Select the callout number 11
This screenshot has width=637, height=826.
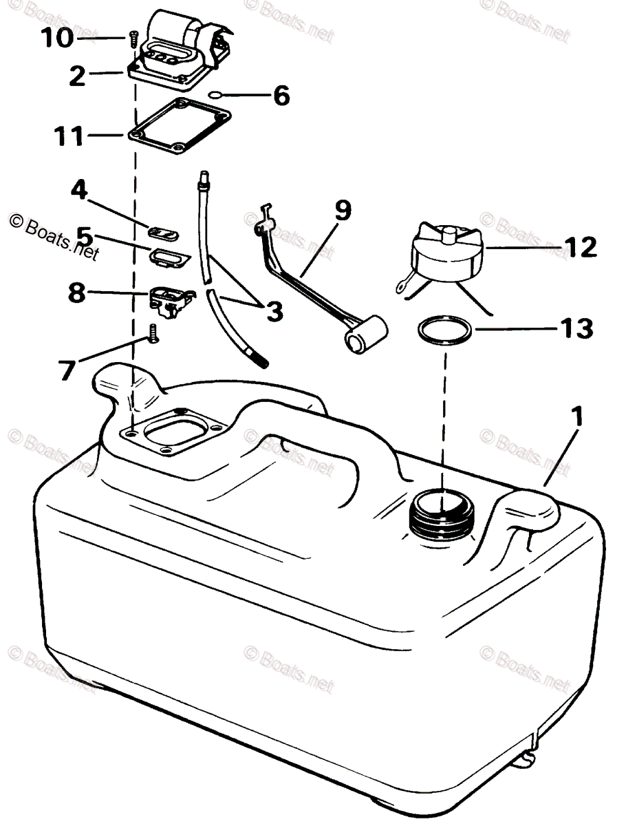(69, 136)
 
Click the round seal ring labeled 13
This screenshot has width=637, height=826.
(445, 330)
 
